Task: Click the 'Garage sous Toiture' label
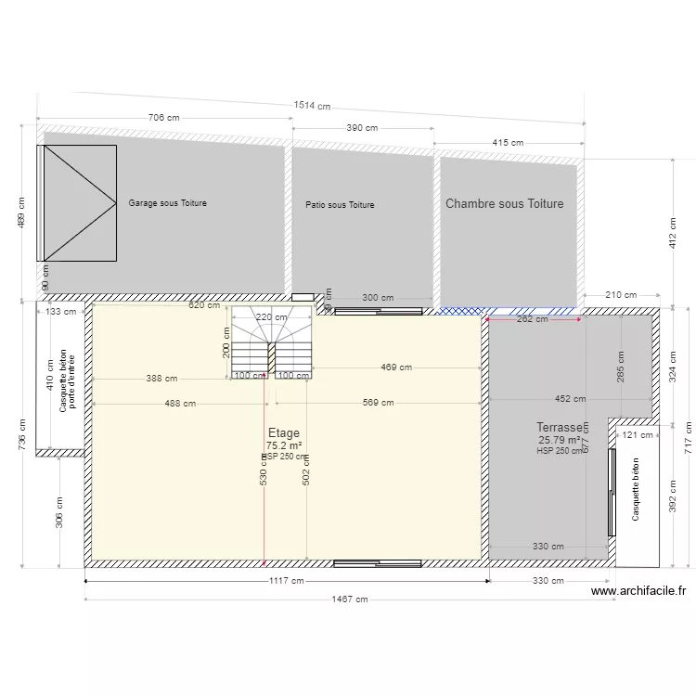167,203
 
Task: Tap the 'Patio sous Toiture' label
340,205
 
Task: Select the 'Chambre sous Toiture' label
504,204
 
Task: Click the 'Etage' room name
284,432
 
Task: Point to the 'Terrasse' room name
560,428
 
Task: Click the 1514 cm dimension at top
312,106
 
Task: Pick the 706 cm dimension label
163,118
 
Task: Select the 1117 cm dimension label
286,581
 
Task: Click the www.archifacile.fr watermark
638,590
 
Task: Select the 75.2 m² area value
283,445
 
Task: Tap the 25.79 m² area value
560,440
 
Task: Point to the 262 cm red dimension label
532,319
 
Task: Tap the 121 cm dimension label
638,434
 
